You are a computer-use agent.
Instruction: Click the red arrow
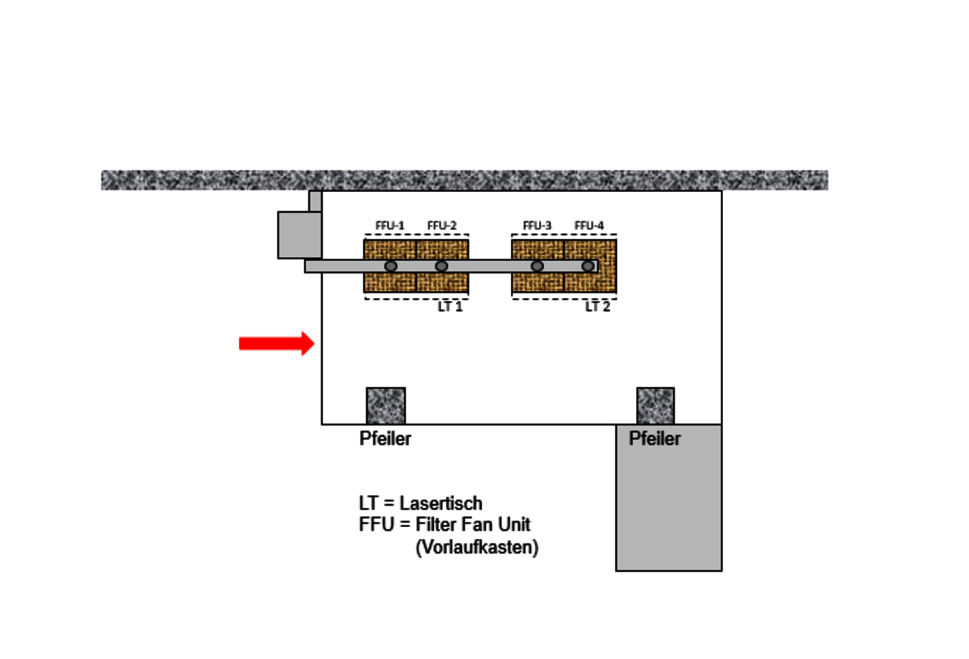coord(276,344)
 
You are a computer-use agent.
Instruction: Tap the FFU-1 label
coord(389,226)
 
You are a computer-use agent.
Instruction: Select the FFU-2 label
coord(442,226)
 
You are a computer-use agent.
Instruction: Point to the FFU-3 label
coord(537,226)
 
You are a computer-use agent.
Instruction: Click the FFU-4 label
coord(589,226)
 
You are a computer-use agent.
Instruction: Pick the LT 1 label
coord(450,306)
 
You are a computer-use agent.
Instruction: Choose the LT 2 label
coord(597,306)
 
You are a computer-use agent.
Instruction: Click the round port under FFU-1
coord(391,266)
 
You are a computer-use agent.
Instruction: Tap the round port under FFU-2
coord(441,266)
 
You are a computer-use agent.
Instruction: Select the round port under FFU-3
coord(537,266)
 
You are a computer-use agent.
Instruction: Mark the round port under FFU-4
coord(587,266)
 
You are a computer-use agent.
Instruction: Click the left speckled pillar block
coord(386,405)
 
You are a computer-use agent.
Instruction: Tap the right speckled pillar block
coord(655,405)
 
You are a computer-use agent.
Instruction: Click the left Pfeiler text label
coord(385,438)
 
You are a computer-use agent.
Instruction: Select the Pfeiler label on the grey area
coord(655,438)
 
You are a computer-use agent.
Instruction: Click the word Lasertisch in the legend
coord(441,503)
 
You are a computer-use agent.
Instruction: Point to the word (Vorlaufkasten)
coord(477,547)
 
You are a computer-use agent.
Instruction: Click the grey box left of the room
coord(300,235)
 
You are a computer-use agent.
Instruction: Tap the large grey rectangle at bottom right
coord(669,506)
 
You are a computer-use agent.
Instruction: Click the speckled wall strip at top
coord(464,180)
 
